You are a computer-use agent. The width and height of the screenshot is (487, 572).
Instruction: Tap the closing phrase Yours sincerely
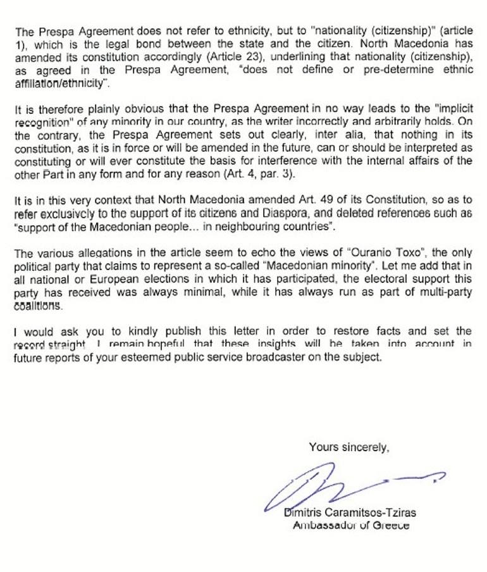point(348,447)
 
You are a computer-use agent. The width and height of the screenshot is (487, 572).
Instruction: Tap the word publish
point(161,331)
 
